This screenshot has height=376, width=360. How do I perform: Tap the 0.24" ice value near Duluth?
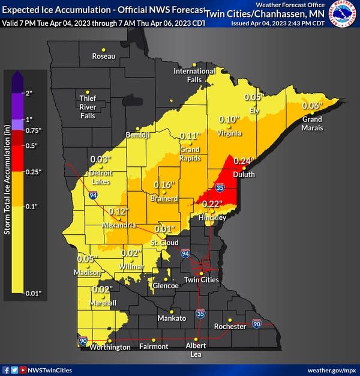242,161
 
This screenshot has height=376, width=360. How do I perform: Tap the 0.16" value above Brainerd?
164,184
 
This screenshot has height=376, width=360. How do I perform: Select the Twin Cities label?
199,280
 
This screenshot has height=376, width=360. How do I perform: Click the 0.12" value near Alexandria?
119,211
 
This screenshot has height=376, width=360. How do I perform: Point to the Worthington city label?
110,347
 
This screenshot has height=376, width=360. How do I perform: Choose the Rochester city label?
230,326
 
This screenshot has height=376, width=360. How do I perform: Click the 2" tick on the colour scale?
28,93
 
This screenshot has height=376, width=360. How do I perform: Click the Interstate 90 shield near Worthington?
82,341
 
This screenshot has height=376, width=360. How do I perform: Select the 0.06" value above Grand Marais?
312,106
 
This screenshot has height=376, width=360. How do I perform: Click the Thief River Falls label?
88,107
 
